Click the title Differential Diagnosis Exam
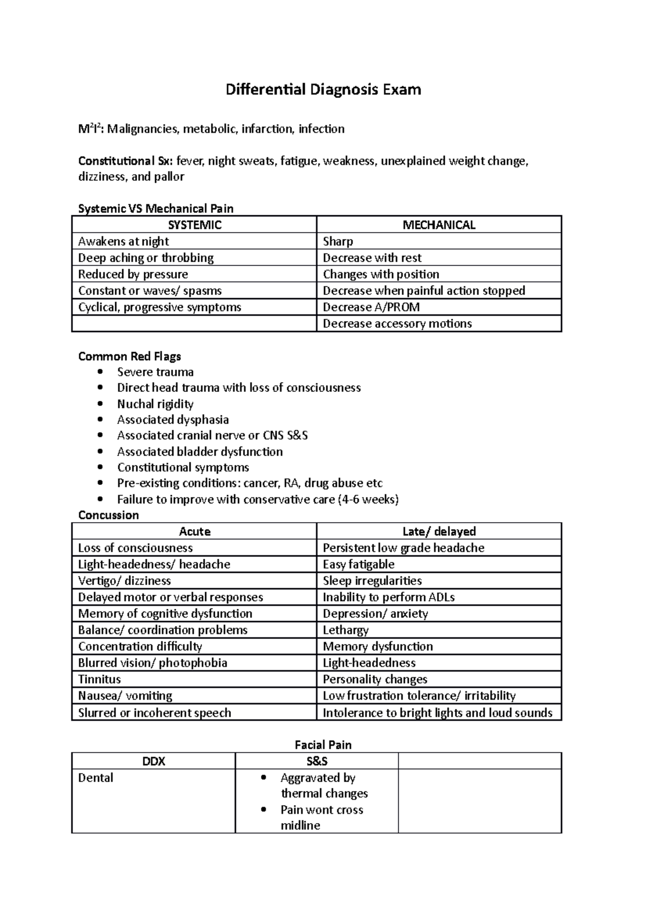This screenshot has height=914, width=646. click(323, 89)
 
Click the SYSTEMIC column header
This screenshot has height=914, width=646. click(194, 225)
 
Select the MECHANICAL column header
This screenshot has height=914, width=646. click(439, 225)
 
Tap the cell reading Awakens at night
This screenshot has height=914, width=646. click(124, 242)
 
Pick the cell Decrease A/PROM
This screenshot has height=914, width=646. click(371, 307)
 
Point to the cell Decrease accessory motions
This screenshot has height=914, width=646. click(397, 324)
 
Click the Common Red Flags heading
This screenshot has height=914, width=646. click(130, 356)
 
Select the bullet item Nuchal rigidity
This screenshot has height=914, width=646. click(155, 404)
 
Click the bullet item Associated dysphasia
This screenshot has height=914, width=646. click(173, 419)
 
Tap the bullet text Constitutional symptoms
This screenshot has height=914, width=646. click(183, 467)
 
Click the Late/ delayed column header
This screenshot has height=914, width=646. click(439, 532)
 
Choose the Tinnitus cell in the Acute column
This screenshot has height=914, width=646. click(100, 679)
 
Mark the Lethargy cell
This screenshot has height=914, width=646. click(346, 630)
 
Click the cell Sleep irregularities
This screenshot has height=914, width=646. click(372, 581)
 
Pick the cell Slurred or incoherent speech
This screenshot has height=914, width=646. click(155, 713)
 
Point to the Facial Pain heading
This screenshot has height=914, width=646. click(323, 745)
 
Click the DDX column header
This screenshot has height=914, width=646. click(153, 761)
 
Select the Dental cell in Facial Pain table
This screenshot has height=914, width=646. click(96, 778)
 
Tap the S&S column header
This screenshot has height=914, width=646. click(317, 761)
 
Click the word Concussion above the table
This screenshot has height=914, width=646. click(109, 515)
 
